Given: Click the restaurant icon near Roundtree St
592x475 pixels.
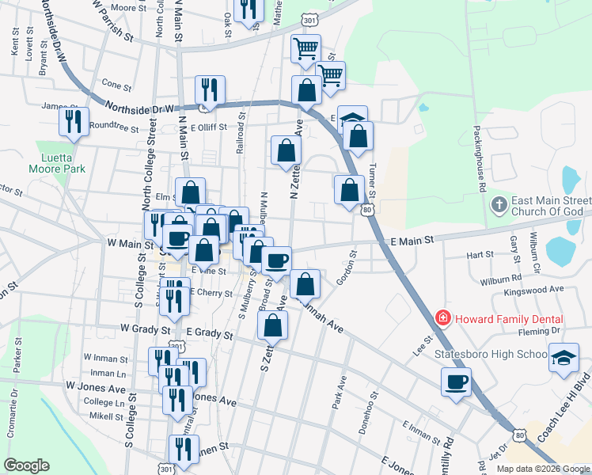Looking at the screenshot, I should coord(73,121).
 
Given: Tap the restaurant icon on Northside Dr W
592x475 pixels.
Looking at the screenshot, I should coord(210,89).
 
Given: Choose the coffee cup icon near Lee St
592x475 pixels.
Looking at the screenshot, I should coord(456,383).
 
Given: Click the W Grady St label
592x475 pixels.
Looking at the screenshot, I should coord(146,327).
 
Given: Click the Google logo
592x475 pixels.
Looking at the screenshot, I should coord(27,465).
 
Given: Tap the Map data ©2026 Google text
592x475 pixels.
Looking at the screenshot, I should coord(542,469).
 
